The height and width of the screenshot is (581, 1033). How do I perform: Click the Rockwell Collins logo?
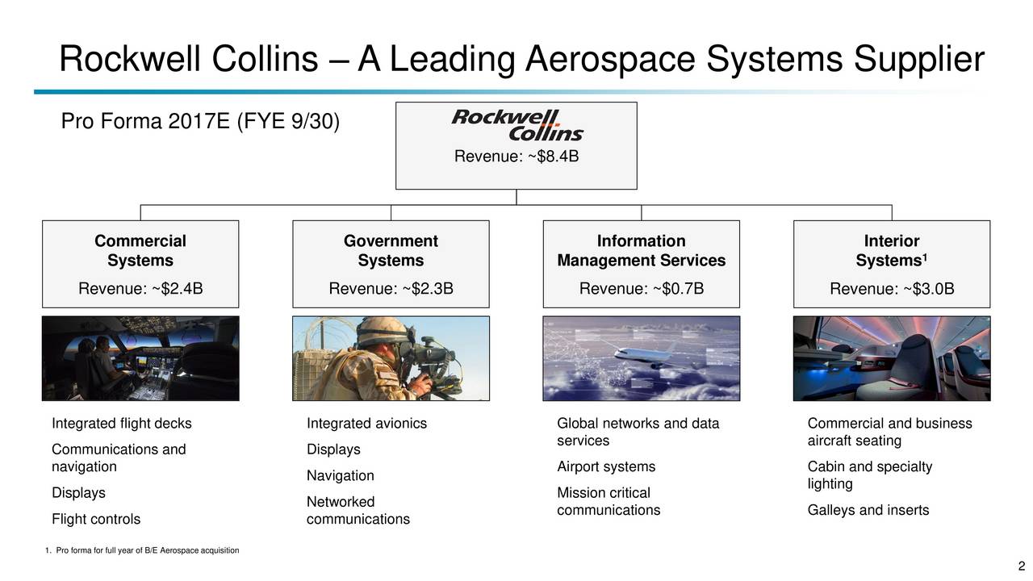(x=516, y=126)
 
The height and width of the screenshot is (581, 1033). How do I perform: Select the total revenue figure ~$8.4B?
(x=516, y=157)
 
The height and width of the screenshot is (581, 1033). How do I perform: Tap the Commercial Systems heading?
(x=140, y=251)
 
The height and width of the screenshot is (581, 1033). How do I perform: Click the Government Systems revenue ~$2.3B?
(x=391, y=288)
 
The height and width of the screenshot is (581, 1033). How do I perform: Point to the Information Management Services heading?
(x=641, y=251)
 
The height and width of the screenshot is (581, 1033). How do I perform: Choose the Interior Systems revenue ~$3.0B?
(x=892, y=288)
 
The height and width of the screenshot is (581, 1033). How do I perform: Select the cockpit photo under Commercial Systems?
(x=140, y=358)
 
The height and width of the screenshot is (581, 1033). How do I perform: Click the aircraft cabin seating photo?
(x=892, y=358)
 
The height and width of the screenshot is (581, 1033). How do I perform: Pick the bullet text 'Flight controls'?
(x=96, y=519)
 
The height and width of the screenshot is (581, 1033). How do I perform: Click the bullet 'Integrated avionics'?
(x=367, y=424)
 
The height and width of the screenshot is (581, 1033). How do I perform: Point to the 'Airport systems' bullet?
(x=606, y=467)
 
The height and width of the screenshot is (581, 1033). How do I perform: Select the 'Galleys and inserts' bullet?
(x=868, y=510)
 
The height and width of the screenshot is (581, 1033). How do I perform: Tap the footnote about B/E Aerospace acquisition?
(x=144, y=551)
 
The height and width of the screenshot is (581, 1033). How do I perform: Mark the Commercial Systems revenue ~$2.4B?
(x=140, y=288)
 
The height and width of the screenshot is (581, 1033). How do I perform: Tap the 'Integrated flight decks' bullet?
(x=122, y=424)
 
